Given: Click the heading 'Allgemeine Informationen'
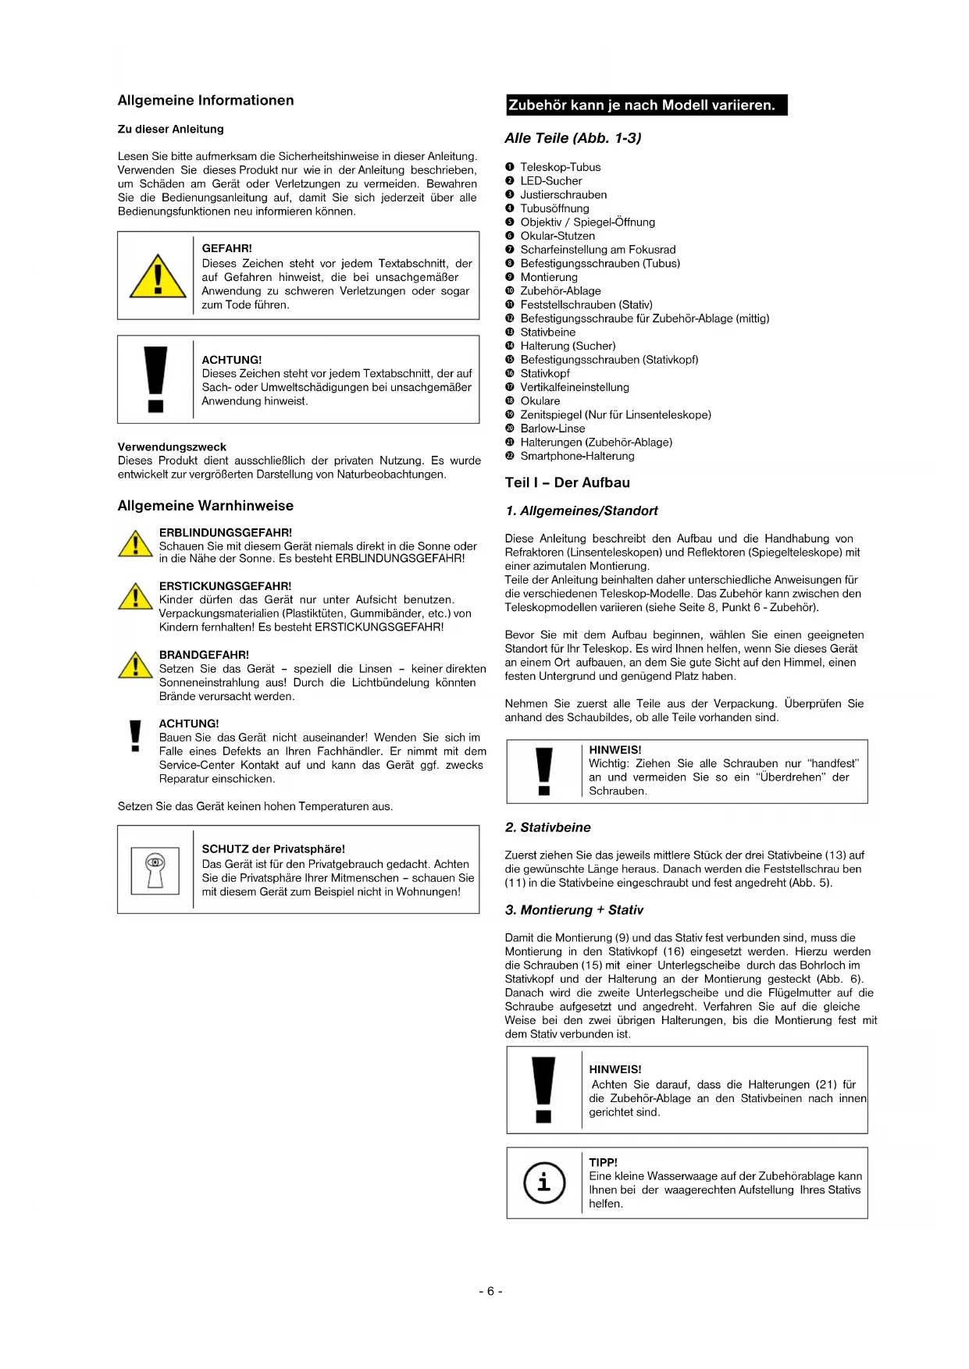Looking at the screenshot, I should (x=205, y=101).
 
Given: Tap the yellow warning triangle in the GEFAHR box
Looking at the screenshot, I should (x=158, y=276).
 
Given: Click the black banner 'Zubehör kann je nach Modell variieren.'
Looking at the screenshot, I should (x=646, y=105).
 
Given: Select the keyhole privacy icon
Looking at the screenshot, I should (x=155, y=869).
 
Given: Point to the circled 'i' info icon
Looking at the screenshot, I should (x=543, y=1182).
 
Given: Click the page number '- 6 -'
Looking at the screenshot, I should (x=490, y=1291).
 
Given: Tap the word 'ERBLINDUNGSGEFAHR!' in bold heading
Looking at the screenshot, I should (x=226, y=533).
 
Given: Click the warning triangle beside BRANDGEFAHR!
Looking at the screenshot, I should (x=135, y=665).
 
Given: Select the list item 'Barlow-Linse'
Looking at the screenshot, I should (x=552, y=428).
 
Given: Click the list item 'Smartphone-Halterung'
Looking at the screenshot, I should (x=577, y=457).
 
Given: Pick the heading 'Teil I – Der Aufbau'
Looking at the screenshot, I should (x=567, y=483).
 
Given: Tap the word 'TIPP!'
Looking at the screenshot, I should (x=603, y=1162).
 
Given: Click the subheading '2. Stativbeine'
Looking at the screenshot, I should (x=547, y=827).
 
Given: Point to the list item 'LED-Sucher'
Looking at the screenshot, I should (x=550, y=181).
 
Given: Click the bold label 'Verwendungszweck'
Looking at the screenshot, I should (x=172, y=447).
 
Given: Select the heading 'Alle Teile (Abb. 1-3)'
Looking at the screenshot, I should (x=572, y=138).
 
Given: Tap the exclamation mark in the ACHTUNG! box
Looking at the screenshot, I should (x=156, y=379).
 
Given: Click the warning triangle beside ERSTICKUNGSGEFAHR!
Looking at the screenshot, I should (x=135, y=596).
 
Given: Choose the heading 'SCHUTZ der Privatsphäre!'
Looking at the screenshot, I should (x=273, y=849).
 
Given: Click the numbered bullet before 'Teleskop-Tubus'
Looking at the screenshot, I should (x=510, y=167).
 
